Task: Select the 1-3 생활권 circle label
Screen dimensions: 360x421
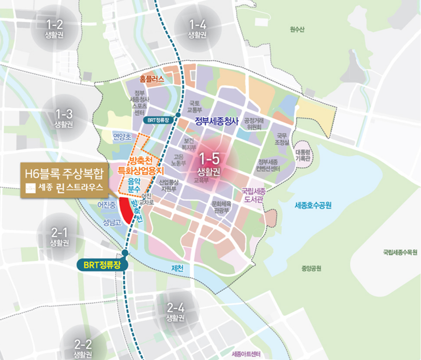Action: pyautogui.click(x=63, y=118)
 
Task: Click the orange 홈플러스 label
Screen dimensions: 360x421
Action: pyautogui.click(x=152, y=80)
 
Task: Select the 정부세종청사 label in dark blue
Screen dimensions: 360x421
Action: pyautogui.click(x=216, y=122)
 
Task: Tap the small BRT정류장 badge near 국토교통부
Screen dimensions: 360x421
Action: pyautogui.click(x=158, y=119)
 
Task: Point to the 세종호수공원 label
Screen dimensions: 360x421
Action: pyautogui.click(x=313, y=205)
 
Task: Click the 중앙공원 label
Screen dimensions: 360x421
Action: pyautogui.click(x=311, y=268)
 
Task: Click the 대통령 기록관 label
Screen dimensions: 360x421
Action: pyautogui.click(x=302, y=156)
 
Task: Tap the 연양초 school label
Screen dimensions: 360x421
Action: pyautogui.click(x=123, y=137)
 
